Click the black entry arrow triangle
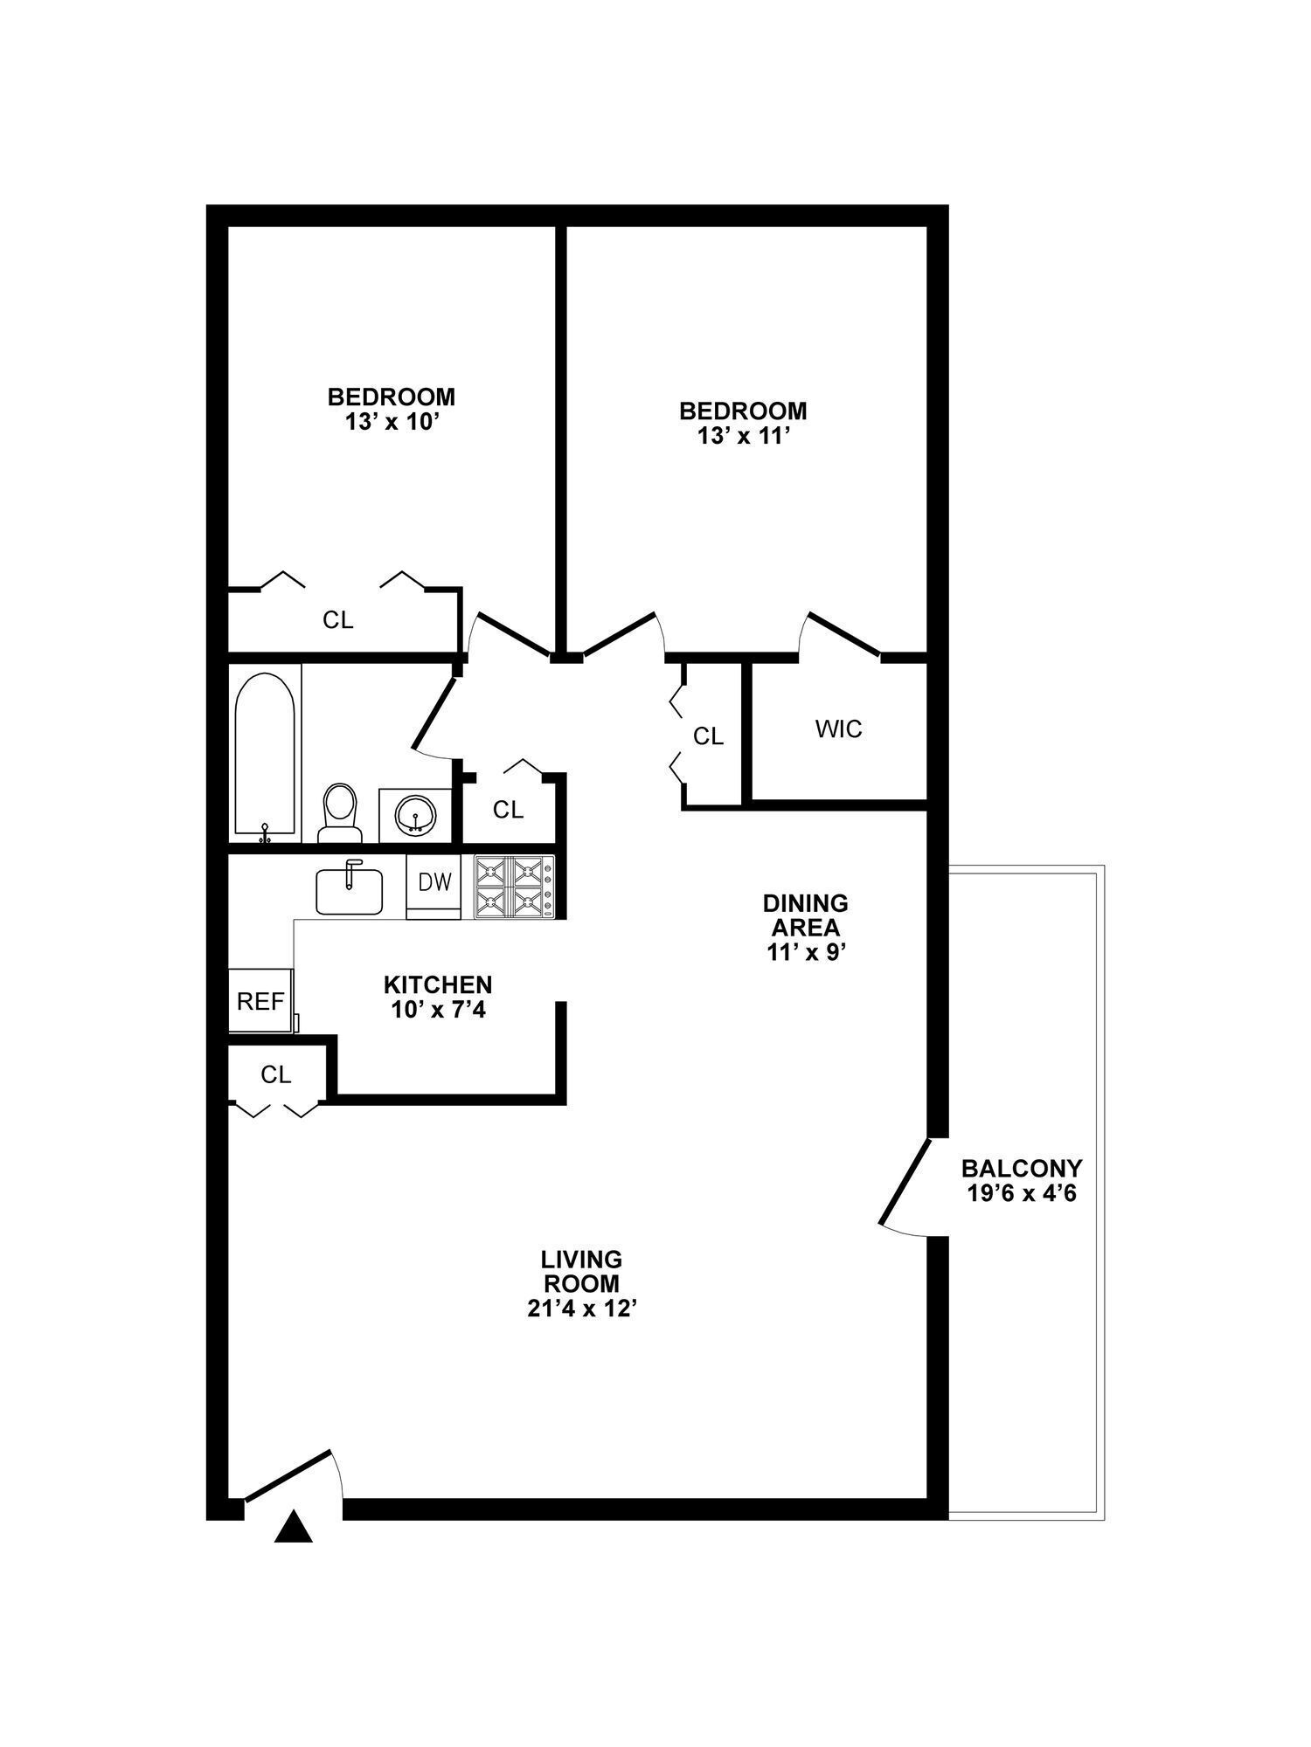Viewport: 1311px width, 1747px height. click(x=294, y=1527)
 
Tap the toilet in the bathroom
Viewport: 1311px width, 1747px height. click(x=339, y=811)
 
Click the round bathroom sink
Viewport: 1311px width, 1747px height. click(x=414, y=816)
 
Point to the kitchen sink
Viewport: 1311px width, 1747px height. click(x=349, y=890)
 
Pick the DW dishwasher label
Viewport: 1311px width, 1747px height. click(x=434, y=882)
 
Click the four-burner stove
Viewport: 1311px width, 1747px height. click(x=514, y=886)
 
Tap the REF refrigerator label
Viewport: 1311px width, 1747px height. click(x=260, y=1001)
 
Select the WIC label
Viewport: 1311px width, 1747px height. click(x=838, y=728)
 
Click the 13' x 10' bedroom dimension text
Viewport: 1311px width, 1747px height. click(x=391, y=421)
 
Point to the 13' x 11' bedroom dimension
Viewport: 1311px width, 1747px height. click(x=743, y=435)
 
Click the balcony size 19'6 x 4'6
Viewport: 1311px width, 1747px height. click(x=1021, y=1192)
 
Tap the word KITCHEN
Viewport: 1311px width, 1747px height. click(x=438, y=985)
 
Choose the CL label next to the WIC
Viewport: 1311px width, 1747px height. click(x=708, y=736)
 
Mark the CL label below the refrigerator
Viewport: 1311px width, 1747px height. click(x=275, y=1075)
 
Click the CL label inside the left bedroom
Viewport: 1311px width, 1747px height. click(x=337, y=620)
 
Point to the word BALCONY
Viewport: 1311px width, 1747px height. click(x=1021, y=1168)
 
